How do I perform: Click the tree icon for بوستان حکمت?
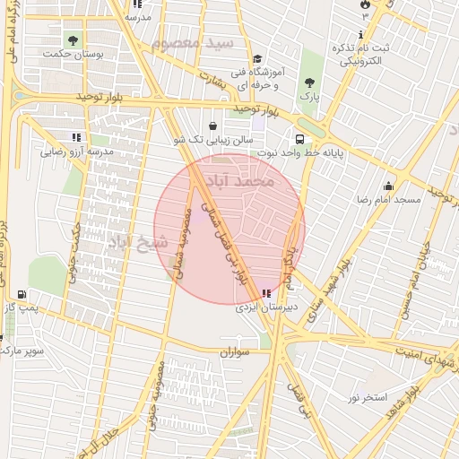(73, 40)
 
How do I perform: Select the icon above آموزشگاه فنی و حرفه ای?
(257, 58)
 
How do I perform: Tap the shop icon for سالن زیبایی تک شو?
(212, 126)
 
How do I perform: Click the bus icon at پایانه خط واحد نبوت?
(299, 139)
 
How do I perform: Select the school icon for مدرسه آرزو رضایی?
(76, 138)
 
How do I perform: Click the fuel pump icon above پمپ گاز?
(21, 294)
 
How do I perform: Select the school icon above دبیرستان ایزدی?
(265, 293)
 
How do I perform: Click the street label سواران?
(232, 352)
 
